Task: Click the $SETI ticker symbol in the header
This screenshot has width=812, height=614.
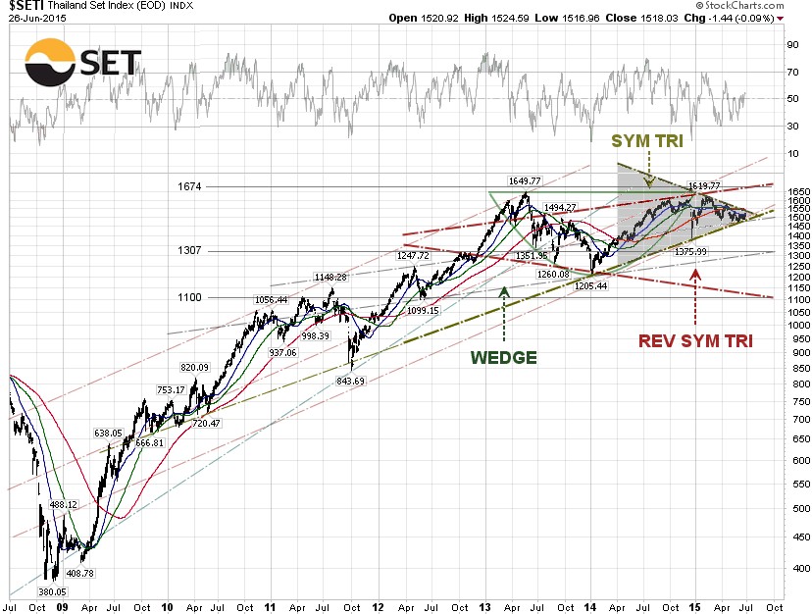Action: (x=25, y=6)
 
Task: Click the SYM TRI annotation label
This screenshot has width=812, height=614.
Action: (x=648, y=141)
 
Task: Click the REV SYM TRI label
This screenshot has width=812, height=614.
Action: (x=695, y=340)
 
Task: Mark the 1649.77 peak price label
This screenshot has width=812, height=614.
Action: (x=525, y=180)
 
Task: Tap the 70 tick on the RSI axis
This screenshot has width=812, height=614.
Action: (x=789, y=72)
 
